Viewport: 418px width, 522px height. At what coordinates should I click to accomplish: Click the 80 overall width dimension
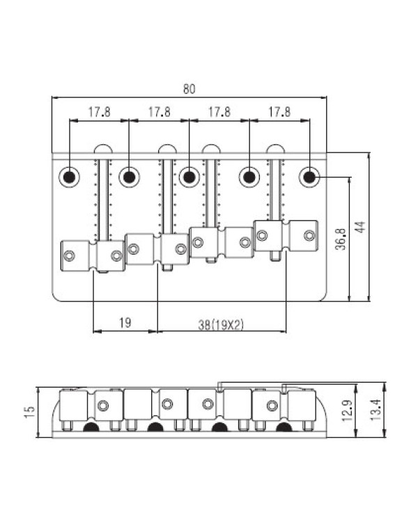(189, 89)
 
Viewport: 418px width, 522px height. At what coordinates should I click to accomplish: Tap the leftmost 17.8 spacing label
(99, 112)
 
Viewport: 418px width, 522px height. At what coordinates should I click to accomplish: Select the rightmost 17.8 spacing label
(279, 112)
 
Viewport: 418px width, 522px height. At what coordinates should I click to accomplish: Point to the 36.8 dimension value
(341, 239)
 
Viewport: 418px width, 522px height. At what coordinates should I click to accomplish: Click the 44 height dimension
(360, 227)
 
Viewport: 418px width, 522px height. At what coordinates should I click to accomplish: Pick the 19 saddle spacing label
(125, 322)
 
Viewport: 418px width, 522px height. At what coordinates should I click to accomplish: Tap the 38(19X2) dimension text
(221, 324)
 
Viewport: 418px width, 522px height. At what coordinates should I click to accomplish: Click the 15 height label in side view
(30, 412)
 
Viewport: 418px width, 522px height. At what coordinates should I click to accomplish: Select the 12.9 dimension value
(348, 411)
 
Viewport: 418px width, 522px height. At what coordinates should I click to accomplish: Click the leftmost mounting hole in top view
(70, 177)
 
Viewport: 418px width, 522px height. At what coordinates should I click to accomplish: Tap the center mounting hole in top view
(189, 177)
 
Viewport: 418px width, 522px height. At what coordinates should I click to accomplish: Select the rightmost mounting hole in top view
(309, 177)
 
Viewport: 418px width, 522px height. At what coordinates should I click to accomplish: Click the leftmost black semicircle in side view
(91, 427)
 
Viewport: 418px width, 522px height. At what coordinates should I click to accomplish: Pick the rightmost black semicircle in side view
(284, 427)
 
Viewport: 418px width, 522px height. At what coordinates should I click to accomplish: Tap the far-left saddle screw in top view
(70, 255)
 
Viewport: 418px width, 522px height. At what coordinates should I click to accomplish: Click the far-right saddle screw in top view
(309, 236)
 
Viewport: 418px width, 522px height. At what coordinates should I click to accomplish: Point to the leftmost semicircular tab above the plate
(103, 149)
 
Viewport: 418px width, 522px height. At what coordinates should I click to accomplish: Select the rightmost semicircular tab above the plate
(276, 149)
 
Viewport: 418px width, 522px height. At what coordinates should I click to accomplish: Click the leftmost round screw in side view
(103, 406)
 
